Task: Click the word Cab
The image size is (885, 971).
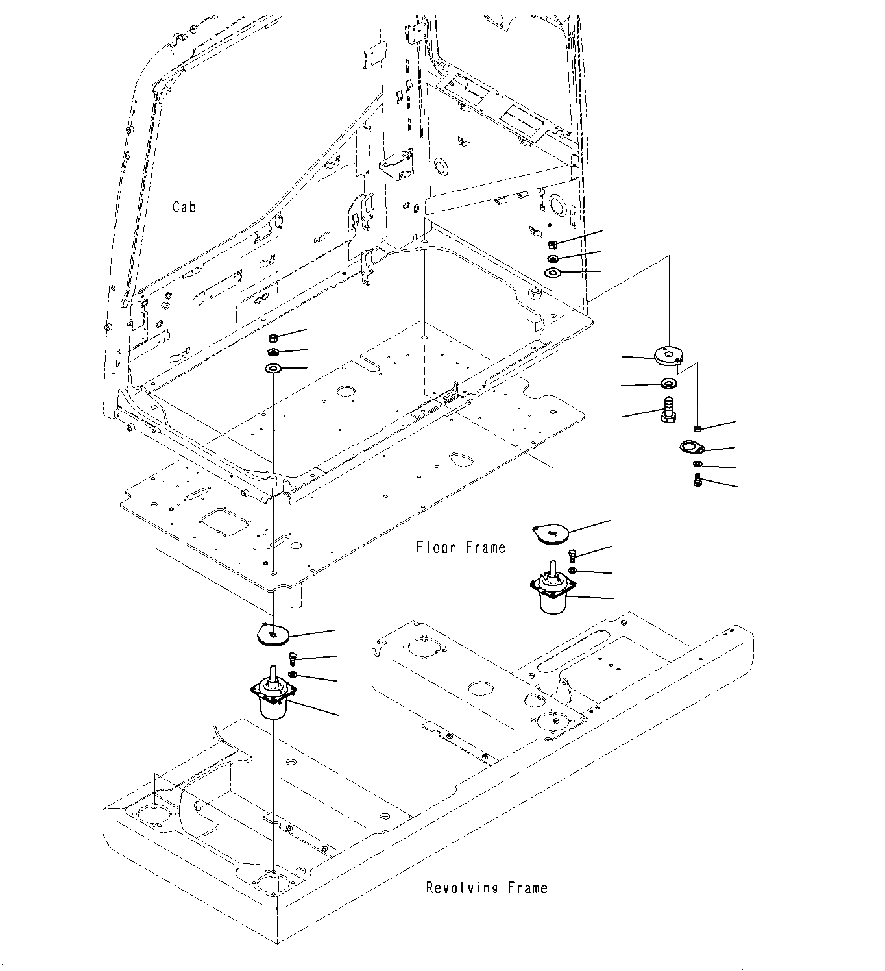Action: [x=184, y=207]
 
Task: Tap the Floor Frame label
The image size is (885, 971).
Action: [x=461, y=548]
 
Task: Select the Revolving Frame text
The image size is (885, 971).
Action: [x=487, y=888]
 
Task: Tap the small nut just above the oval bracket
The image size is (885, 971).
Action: [x=697, y=428]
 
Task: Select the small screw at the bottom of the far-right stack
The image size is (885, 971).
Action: [x=697, y=481]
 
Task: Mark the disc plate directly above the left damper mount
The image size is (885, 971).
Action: [x=272, y=633]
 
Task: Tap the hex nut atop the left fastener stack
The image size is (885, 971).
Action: [x=273, y=338]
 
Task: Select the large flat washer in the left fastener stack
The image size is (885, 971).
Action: [x=273, y=369]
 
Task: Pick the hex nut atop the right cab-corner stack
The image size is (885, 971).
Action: [x=552, y=245]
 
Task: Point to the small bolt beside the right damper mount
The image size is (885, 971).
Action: [x=572, y=554]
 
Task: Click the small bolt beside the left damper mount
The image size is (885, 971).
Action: [x=291, y=658]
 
